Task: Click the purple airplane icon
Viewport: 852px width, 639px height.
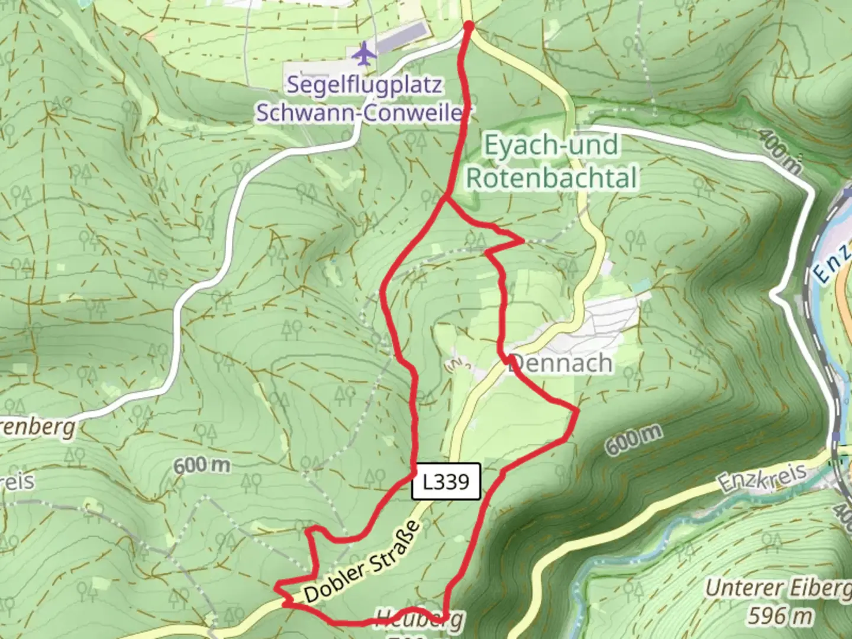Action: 364,54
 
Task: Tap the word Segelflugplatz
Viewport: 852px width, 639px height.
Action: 364,85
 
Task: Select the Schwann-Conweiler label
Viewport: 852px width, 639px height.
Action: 359,112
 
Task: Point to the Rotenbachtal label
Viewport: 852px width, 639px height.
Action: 552,177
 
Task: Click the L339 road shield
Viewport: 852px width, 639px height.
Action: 446,482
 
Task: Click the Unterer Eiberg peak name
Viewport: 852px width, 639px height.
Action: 777,589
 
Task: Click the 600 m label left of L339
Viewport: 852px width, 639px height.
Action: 202,465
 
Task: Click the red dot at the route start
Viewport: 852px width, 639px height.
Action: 469,27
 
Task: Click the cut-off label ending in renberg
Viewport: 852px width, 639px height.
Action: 38,427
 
